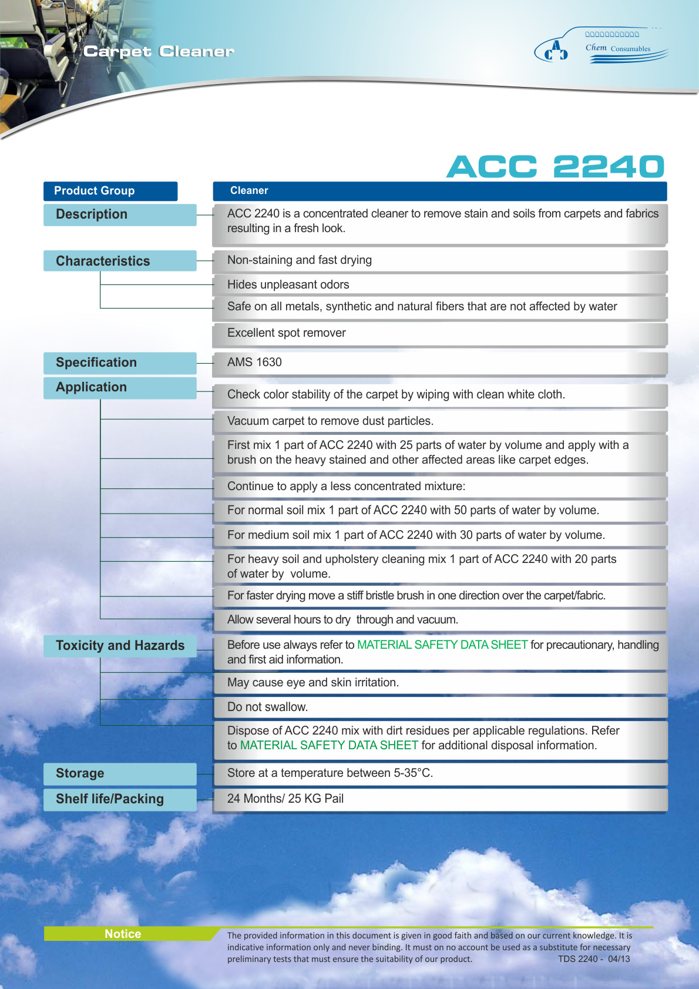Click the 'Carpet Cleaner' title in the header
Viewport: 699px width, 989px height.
159,52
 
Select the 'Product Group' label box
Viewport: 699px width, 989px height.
110,191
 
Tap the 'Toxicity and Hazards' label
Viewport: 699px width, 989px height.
120,645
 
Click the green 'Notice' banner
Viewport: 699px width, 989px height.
123,934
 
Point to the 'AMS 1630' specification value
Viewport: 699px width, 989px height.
254,362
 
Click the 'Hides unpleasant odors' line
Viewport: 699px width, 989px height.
288,284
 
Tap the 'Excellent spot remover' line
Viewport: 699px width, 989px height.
286,333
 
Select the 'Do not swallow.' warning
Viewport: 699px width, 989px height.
267,707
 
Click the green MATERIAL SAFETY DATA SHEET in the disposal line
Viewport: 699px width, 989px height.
329,745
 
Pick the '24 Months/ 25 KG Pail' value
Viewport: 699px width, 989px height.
285,799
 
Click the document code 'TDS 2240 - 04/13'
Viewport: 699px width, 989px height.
593,959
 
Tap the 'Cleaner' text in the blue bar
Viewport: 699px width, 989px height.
249,190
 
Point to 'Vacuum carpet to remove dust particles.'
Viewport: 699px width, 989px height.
330,421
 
